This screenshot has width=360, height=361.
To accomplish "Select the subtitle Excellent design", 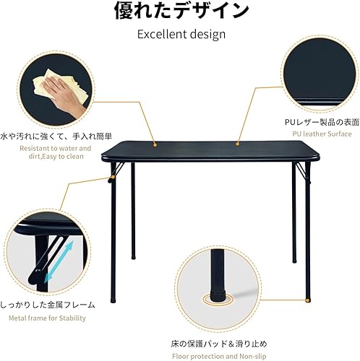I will pos(181,34).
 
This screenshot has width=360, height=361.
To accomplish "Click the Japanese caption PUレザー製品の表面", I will pos(317,123).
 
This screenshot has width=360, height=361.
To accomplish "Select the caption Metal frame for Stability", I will pos(46,318).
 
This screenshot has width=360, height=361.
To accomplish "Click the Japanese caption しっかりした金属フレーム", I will pos(46,305).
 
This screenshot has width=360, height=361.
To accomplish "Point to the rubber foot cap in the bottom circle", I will pos(218,296).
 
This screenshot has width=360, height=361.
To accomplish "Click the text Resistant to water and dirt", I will pos(46,152).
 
